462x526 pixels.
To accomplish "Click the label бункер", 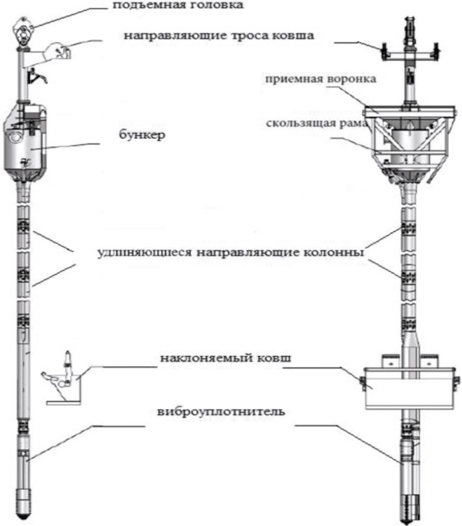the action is tap(142, 135).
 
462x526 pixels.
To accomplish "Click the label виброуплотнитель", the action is tap(221, 411).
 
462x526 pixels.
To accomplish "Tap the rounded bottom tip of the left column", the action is tap(24, 508).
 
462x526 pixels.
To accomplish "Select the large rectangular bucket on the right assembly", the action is tap(410, 388).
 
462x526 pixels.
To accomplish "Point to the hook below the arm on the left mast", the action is tap(37, 76).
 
